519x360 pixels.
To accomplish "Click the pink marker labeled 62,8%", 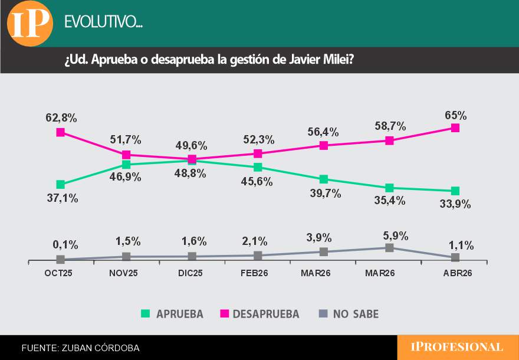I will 60,132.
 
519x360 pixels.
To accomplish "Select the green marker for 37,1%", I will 60,185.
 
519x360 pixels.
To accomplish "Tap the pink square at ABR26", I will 455,127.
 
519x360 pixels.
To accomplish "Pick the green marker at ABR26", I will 455,191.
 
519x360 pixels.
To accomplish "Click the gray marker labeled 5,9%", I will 389,248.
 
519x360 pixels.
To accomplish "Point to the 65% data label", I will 455,115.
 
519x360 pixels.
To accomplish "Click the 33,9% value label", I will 455,204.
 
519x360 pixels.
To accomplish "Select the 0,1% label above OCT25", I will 62,245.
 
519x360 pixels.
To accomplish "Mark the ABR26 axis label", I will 456,273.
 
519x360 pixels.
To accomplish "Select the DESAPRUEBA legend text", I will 266,314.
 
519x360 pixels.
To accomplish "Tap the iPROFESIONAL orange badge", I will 457,347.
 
